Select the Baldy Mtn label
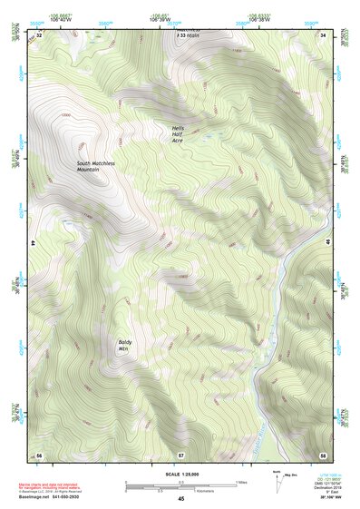point(126,345)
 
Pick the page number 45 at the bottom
point(180,499)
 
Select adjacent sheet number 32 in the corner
point(39,34)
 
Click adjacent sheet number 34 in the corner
point(322,34)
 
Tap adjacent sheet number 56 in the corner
point(39,454)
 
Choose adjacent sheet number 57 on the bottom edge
point(180,454)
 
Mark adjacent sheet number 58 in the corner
point(322,454)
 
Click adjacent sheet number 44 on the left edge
point(35,244)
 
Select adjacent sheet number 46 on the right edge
point(326,244)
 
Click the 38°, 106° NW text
point(322,499)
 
